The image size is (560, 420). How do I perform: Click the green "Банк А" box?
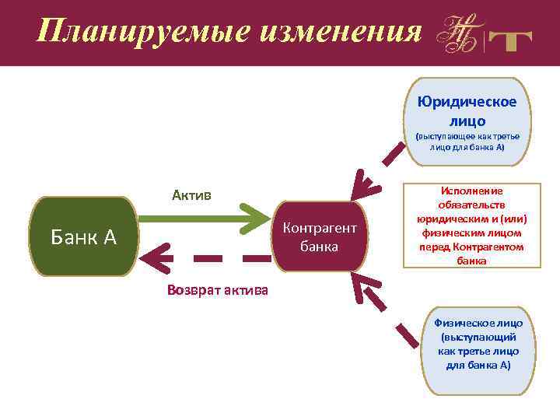point(83,236)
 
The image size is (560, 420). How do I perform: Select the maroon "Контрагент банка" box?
point(320,236)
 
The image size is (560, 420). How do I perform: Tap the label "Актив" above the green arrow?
point(191,194)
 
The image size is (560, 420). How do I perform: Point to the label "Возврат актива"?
point(218,290)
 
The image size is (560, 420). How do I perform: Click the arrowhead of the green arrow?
point(257,219)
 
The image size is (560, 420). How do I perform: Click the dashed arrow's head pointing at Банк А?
point(159,257)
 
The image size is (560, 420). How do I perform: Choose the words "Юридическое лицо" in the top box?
point(467,111)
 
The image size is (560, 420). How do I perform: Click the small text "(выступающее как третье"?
point(467,135)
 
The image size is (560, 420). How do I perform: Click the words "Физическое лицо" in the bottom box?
point(478,323)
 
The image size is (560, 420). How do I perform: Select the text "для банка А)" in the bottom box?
point(478,365)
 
